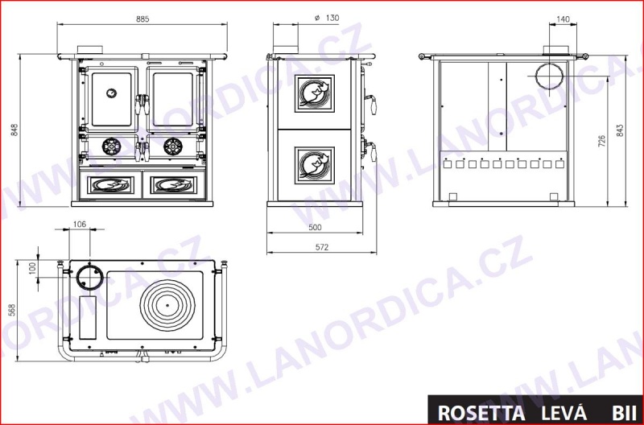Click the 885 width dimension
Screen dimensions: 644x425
(142, 19)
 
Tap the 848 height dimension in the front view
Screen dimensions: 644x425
(14, 130)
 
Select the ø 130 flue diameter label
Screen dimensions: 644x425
(327, 18)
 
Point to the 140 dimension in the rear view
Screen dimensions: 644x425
(563, 19)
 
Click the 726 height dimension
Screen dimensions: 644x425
(601, 141)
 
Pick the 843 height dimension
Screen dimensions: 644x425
(620, 130)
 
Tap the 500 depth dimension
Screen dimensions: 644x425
(315, 227)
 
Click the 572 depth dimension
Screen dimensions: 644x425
(322, 247)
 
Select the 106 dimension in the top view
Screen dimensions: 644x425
(79, 224)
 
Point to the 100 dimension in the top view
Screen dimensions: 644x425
(33, 269)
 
